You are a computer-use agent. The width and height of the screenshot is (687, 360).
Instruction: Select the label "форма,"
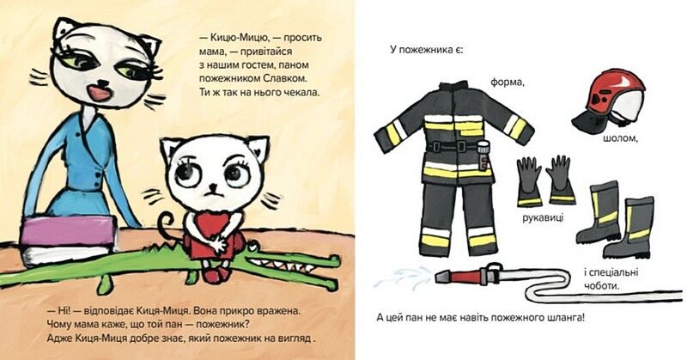pyautogui.click(x=505, y=83)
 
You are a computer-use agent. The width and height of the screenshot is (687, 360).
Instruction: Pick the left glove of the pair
pyautogui.click(x=529, y=180)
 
